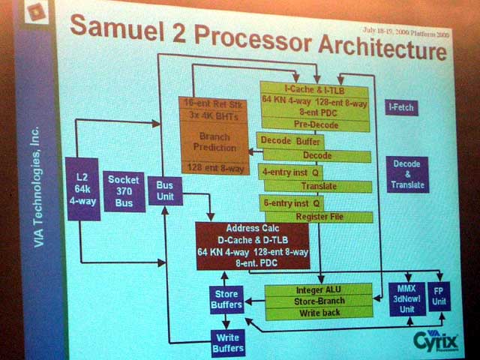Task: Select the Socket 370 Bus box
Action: [x=124, y=191]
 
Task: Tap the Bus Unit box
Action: [x=164, y=191]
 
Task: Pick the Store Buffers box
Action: [x=226, y=299]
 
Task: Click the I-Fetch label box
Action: [x=401, y=108]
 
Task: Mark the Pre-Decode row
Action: [x=316, y=124]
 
